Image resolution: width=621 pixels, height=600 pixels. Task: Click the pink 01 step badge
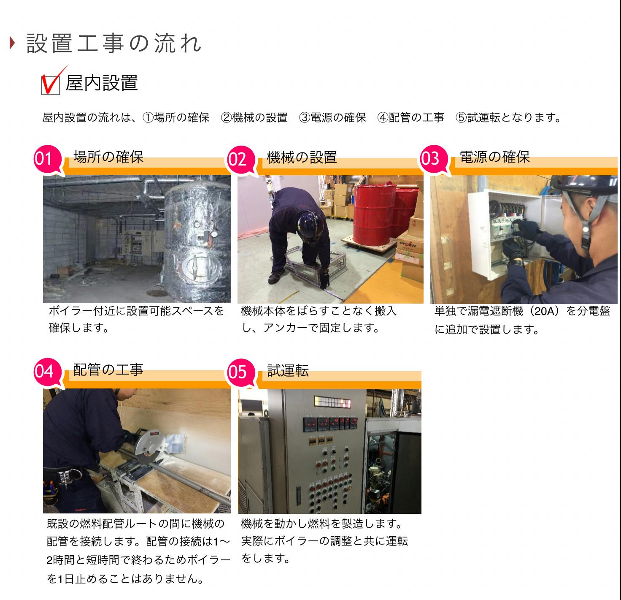click(x=48, y=159)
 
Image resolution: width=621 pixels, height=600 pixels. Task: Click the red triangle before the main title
click(x=12, y=43)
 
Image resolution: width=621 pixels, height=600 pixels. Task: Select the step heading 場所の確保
click(x=108, y=157)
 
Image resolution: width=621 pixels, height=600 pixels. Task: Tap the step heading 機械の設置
click(x=302, y=157)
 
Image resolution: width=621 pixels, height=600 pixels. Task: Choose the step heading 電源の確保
click(x=494, y=157)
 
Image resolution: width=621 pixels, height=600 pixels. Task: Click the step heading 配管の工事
click(x=108, y=370)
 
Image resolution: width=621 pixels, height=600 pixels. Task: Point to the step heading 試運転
click(x=288, y=371)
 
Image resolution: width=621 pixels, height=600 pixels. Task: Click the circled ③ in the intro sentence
click(x=305, y=118)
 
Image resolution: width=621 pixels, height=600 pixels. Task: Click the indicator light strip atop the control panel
click(x=332, y=402)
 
